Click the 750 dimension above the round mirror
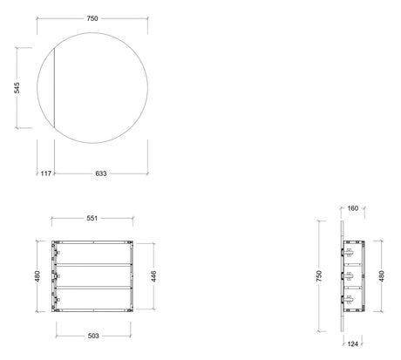92,18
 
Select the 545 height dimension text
17,88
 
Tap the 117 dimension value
46,173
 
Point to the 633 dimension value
101,173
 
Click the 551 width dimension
92,218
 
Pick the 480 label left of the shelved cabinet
37,276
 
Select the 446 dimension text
153,276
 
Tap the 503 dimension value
93,336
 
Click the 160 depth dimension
353,208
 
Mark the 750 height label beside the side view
319,276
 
